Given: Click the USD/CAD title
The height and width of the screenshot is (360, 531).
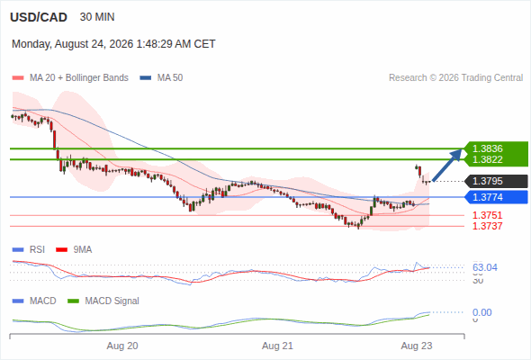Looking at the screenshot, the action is pos(39,17).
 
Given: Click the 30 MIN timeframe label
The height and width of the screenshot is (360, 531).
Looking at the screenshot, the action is pos(97,17).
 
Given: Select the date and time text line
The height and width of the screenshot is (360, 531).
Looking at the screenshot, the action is pos(113,44).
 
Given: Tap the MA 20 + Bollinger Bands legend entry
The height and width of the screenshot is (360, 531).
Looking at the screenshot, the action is pos(70,78).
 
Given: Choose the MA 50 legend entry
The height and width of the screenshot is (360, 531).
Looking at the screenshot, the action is pos(161,78).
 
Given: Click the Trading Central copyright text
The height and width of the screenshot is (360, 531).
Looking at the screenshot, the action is pos(455,78).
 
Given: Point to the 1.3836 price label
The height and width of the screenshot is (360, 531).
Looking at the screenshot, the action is pos(487,148).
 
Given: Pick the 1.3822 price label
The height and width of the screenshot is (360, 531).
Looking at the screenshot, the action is pos(487,159).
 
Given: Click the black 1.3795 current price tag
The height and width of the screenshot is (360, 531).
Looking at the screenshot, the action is pos(497,181).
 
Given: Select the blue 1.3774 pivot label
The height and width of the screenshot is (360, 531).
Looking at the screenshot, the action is pos(497,197).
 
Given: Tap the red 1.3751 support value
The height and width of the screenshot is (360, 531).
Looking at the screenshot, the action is pos(487,215).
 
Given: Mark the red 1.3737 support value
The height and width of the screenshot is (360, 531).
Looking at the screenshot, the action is pos(487,226).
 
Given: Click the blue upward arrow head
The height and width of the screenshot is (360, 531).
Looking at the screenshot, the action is pos(457,155).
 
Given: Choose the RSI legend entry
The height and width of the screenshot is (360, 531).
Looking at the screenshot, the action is pos(29,250).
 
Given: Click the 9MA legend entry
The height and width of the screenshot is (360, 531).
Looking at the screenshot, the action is pos(74,250).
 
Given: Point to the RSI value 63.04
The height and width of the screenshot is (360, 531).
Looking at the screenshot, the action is pos(485,268).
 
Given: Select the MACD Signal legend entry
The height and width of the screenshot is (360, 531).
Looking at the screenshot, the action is pos(103,301).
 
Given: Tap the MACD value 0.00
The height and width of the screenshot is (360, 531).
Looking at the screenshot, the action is pos(481,312).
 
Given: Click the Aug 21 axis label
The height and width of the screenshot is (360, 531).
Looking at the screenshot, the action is pos(277,346).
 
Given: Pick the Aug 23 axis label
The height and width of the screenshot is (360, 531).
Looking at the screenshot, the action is pos(417,346).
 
